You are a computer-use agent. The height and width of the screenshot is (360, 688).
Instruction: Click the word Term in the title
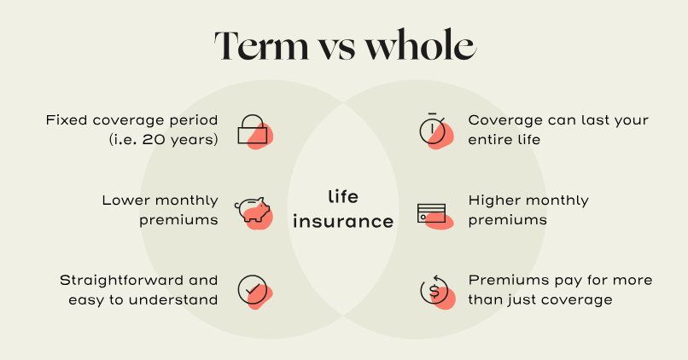coord(261,45)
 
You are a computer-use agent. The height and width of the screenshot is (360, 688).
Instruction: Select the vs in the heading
coord(337,49)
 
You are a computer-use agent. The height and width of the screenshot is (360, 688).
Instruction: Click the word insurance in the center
coord(343,221)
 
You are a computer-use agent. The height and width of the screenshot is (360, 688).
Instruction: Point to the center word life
coord(343,196)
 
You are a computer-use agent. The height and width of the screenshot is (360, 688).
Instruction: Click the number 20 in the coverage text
coord(153,139)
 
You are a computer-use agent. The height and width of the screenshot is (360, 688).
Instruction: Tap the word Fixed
coord(67,119)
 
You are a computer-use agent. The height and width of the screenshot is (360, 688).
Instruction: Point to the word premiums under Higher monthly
coord(508,220)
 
